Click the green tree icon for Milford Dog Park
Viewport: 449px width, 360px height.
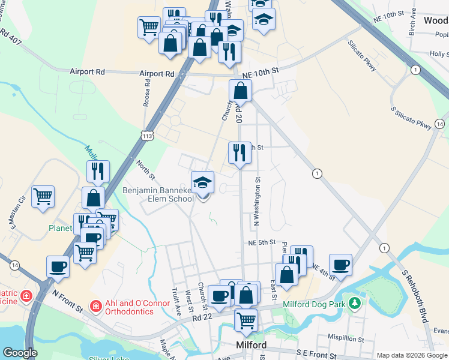[x=355, y=304]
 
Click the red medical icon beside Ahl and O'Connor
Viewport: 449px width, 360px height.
[x=95, y=306]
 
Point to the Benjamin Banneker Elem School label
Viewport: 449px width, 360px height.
[x=158, y=194]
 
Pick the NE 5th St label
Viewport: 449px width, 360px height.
[x=262, y=243]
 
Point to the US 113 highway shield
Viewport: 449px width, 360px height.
[x=148, y=136]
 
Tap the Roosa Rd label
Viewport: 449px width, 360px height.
[x=146, y=95]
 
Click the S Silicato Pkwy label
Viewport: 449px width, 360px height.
[x=411, y=118]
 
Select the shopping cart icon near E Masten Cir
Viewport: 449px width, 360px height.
[x=43, y=196]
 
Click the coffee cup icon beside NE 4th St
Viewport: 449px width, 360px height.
[x=340, y=265]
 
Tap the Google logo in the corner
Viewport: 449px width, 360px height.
[x=20, y=353]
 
